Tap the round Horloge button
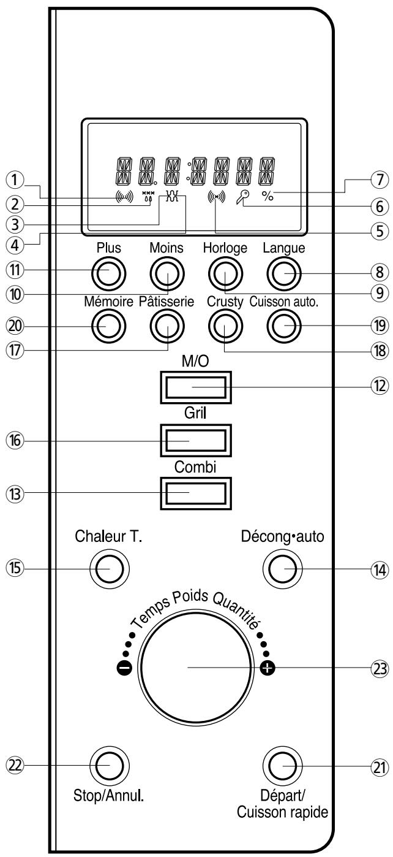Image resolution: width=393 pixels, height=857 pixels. click(x=225, y=273)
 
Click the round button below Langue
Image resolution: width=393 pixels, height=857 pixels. click(x=284, y=273)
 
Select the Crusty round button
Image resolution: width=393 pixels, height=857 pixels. click(x=225, y=326)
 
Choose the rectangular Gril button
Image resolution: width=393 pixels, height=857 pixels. click(x=195, y=440)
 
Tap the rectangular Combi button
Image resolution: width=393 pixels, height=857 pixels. click(x=195, y=493)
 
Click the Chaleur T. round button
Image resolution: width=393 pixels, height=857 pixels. click(x=109, y=569)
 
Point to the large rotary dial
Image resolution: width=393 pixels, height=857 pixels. click(x=196, y=667)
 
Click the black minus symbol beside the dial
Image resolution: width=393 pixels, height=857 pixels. click(x=124, y=668)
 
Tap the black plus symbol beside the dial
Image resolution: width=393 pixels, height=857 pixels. click(x=268, y=668)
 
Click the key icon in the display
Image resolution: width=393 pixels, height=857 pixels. click(x=242, y=197)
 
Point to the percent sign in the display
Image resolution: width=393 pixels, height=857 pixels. click(x=268, y=196)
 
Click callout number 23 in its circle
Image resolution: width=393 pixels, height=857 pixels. click(x=380, y=669)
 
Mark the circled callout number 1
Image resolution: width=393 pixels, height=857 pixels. click(x=15, y=180)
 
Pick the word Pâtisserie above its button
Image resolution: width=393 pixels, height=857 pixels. click(x=167, y=302)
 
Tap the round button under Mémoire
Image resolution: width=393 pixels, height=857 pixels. click(x=109, y=326)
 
